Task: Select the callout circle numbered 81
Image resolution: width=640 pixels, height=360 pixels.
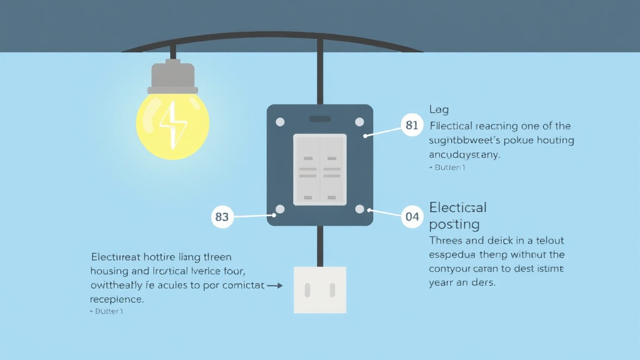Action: point(411,125)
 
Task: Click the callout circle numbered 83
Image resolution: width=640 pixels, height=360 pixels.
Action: point(222,217)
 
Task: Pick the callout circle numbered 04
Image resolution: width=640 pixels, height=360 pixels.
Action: point(412,217)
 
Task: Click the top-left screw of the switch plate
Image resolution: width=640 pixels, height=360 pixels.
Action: point(281,121)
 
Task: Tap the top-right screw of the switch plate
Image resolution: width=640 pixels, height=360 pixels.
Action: point(359,121)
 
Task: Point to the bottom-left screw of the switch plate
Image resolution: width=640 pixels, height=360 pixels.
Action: point(281,209)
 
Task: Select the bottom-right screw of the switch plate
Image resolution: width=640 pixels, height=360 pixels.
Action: point(359,209)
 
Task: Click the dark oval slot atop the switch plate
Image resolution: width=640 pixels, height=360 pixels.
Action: point(320,119)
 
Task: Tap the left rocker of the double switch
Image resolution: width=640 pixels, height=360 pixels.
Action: point(307,169)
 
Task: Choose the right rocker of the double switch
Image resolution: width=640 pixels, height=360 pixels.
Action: point(332,169)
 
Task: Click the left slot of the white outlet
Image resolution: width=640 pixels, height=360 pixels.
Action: point(308,289)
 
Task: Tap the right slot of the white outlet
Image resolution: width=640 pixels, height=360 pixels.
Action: point(332,289)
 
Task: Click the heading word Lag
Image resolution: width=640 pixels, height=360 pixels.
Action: point(439,110)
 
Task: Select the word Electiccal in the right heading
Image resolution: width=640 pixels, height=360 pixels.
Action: point(457,207)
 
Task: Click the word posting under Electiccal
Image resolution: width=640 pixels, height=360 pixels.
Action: point(454,224)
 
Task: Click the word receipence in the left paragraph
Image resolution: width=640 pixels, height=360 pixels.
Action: point(117,299)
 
